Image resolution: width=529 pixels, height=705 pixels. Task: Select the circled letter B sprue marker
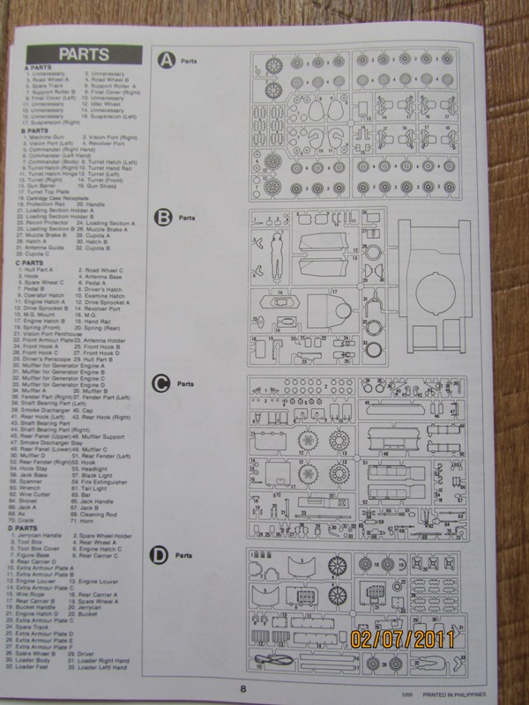tap(163, 218)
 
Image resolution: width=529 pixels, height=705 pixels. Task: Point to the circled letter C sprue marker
tap(161, 383)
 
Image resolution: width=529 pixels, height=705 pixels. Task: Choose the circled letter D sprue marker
tap(160, 555)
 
